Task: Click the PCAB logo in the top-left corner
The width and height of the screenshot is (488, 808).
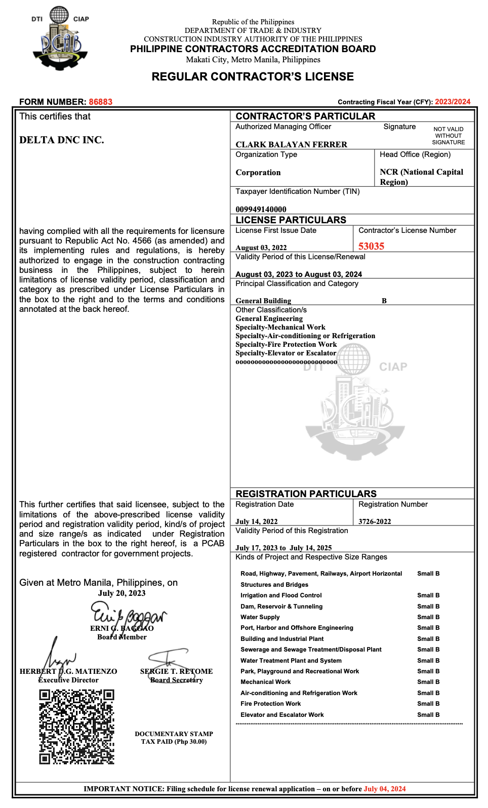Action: click(60, 38)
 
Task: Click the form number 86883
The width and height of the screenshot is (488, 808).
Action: click(101, 102)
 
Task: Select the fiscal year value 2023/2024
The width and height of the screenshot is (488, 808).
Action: click(453, 102)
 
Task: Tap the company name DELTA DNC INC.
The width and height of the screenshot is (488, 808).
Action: click(62, 140)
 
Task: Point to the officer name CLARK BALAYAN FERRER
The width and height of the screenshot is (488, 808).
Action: click(291, 144)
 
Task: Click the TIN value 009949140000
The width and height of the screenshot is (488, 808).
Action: click(261, 209)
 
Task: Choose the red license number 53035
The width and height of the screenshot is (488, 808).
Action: click(371, 247)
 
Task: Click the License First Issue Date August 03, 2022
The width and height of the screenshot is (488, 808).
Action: click(261, 248)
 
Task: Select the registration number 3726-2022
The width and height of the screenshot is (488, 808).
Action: click(375, 521)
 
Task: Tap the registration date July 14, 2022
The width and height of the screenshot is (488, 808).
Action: click(256, 521)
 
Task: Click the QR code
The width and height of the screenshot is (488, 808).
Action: click(77, 726)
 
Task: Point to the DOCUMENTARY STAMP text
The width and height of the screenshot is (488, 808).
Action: click(174, 734)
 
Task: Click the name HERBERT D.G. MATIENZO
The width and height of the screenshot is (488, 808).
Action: click(68, 671)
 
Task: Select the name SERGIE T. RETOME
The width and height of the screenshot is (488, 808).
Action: click(176, 671)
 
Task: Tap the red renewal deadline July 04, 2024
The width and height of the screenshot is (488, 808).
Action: click(385, 789)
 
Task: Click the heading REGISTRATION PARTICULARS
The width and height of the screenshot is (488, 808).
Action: click(306, 494)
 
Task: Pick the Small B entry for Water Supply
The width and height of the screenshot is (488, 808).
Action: click(428, 617)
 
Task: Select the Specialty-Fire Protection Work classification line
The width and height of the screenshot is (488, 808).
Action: click(286, 344)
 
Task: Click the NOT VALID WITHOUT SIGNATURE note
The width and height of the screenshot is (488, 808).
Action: click(448, 136)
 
